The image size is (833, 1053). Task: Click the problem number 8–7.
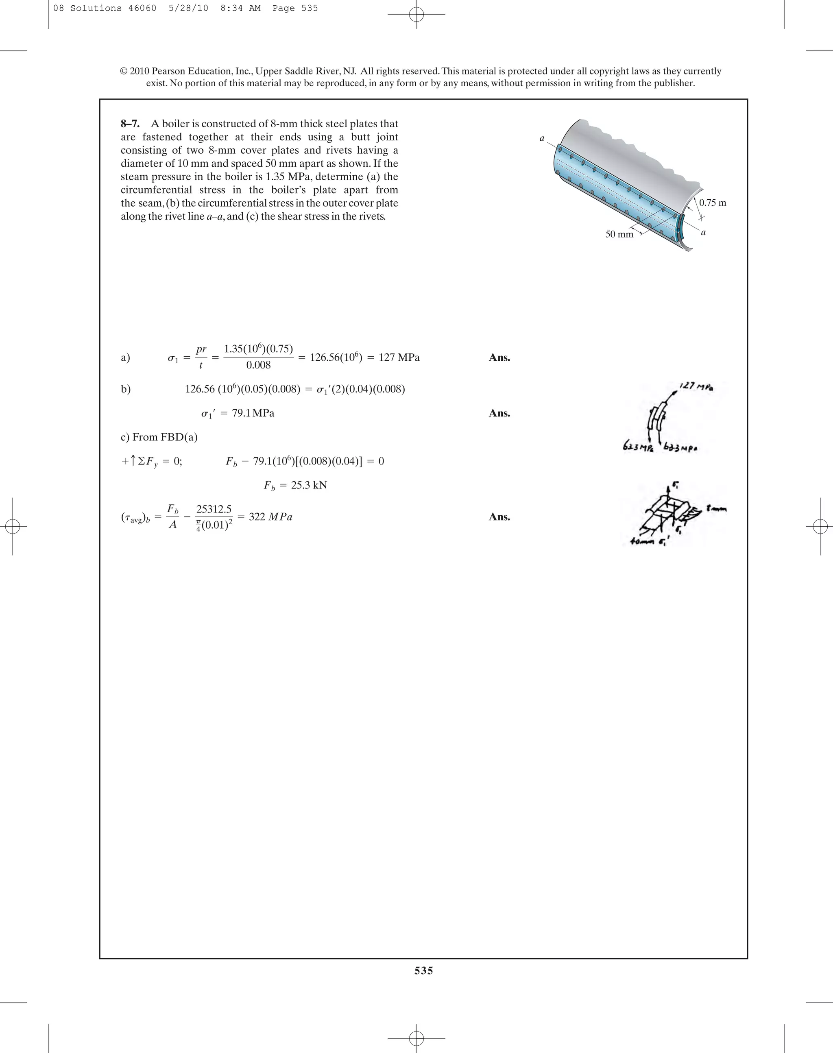pyautogui.click(x=130, y=124)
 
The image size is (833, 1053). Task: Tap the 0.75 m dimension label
pyautogui.click(x=712, y=203)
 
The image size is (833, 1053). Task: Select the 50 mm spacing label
pyautogui.click(x=619, y=235)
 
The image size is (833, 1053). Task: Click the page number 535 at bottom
pyautogui.click(x=423, y=970)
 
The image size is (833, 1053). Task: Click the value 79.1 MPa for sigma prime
pyautogui.click(x=253, y=413)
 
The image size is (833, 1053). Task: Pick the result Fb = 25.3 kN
pyautogui.click(x=295, y=485)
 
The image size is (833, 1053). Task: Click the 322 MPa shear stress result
pyautogui.click(x=270, y=517)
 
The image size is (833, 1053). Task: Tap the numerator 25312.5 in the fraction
pyautogui.click(x=214, y=509)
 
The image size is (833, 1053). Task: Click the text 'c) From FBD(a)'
pyautogui.click(x=159, y=437)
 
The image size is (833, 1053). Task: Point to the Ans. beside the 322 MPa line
pyautogui.click(x=499, y=517)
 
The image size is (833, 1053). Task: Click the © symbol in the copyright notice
pyautogui.click(x=124, y=71)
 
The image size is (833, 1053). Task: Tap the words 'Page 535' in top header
pyautogui.click(x=294, y=8)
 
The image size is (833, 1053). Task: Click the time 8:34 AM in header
pyautogui.click(x=240, y=8)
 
